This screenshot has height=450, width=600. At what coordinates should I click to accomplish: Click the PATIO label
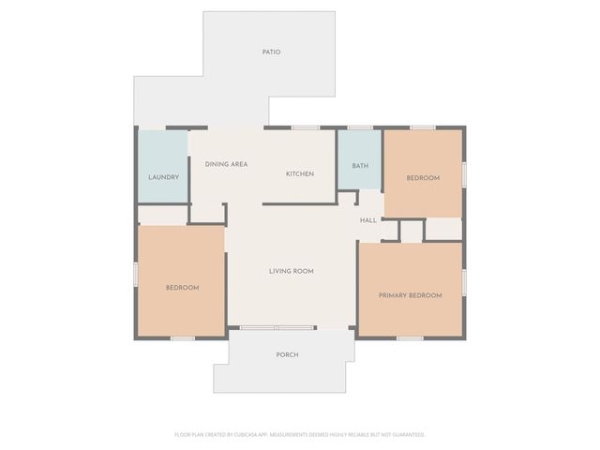coord(271,52)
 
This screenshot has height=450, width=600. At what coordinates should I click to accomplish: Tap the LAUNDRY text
coord(163,176)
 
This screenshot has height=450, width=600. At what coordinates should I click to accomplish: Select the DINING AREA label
coord(226,164)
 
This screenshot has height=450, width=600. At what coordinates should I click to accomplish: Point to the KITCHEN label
coord(299,173)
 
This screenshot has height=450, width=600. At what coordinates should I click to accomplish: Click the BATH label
coord(360,166)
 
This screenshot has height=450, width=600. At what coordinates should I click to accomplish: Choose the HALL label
coord(368,220)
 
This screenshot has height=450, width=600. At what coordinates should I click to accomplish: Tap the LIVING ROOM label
coord(291,271)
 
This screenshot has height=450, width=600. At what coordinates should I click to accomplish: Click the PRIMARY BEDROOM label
coord(410,295)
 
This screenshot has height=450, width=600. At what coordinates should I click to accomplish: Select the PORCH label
coord(287,354)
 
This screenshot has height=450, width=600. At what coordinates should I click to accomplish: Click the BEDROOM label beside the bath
coord(422,177)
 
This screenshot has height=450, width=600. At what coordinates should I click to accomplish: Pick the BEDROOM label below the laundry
coord(182,287)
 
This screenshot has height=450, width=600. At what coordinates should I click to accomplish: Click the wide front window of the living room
coord(277,328)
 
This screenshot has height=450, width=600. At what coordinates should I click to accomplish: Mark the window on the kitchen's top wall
coord(305,127)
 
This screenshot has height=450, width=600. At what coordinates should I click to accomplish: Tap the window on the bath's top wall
coord(360,127)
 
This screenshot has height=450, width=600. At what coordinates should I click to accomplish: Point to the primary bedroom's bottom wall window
coord(410,337)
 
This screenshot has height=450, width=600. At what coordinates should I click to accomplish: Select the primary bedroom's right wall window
coord(464,282)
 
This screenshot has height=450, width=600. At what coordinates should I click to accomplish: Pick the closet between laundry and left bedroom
coord(163,215)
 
